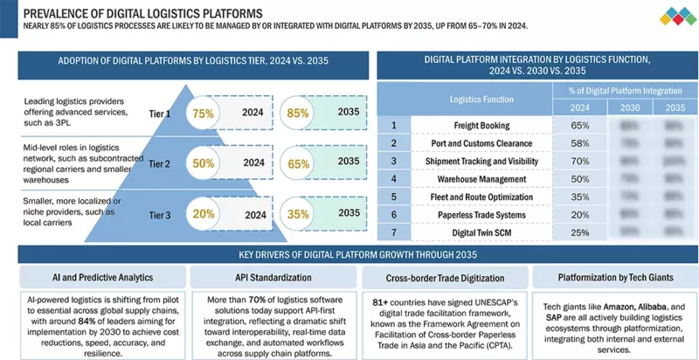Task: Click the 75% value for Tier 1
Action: tap(203, 113)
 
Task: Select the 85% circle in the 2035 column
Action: tap(299, 113)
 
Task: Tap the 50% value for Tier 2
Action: tap(203, 163)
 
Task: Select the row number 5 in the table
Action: tap(393, 197)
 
